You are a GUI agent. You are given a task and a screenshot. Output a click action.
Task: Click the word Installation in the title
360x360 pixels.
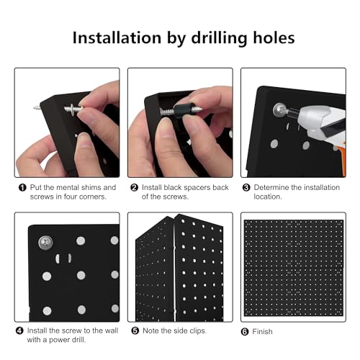(x=117, y=38)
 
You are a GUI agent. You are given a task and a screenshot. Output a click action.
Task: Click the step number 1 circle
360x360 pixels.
(x=22, y=187)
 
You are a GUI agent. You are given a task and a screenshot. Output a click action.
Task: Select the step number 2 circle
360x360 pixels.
(x=134, y=187)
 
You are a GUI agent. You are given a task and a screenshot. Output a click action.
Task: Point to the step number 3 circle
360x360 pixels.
(x=246, y=187)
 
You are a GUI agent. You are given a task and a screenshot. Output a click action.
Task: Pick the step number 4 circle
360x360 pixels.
(x=19, y=330)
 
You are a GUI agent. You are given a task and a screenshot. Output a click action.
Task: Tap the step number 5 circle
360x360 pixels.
(x=135, y=330)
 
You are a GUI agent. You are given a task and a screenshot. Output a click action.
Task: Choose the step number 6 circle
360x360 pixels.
(x=245, y=332)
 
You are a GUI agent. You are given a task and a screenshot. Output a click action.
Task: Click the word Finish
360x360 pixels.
(x=262, y=331)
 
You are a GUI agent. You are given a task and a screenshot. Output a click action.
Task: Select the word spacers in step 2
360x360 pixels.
(x=197, y=188)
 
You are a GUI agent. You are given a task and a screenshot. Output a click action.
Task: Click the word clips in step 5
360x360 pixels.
(x=198, y=330)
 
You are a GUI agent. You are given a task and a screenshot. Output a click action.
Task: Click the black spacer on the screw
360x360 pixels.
(x=183, y=110)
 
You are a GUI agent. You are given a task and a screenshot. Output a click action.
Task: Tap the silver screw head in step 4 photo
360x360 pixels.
(x=45, y=243)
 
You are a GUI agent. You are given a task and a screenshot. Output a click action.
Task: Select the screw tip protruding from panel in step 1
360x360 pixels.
(x=37, y=108)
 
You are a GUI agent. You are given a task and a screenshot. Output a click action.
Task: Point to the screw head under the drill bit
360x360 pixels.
(x=280, y=110)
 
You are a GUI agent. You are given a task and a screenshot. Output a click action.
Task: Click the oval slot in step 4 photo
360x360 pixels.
(x=63, y=258)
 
